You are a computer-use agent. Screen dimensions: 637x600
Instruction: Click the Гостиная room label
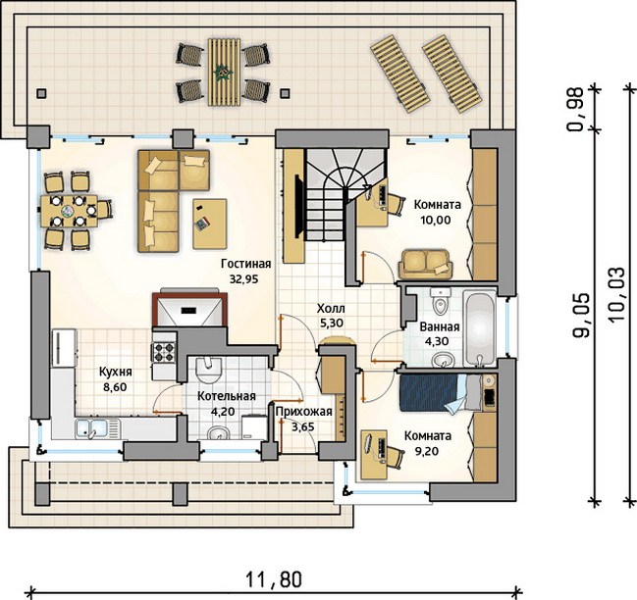pos(245,264)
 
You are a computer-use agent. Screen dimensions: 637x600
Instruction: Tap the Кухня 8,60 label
pos(116,378)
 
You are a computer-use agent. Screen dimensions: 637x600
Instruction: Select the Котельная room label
pos(227,396)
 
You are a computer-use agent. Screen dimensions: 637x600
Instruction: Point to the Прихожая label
pos(304,412)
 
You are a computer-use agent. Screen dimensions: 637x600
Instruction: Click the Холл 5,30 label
pos(331,316)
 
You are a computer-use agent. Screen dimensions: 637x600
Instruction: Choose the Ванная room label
pos(440,327)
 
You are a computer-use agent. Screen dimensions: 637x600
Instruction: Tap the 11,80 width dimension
pos(274,579)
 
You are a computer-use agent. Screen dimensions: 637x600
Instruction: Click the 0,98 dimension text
pos(576,109)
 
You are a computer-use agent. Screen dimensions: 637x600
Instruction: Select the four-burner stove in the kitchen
pos(164,351)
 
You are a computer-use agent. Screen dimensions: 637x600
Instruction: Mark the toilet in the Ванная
pos(441,301)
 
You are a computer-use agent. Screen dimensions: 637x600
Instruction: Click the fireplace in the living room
pos(189,308)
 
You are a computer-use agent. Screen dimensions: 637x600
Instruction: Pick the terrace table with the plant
pos(224,73)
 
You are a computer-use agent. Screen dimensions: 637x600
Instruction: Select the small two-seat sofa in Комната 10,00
pos(425,265)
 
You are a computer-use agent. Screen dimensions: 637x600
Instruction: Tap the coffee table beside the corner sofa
pos(210,224)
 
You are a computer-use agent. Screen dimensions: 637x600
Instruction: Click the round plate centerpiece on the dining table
pos(68,211)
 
